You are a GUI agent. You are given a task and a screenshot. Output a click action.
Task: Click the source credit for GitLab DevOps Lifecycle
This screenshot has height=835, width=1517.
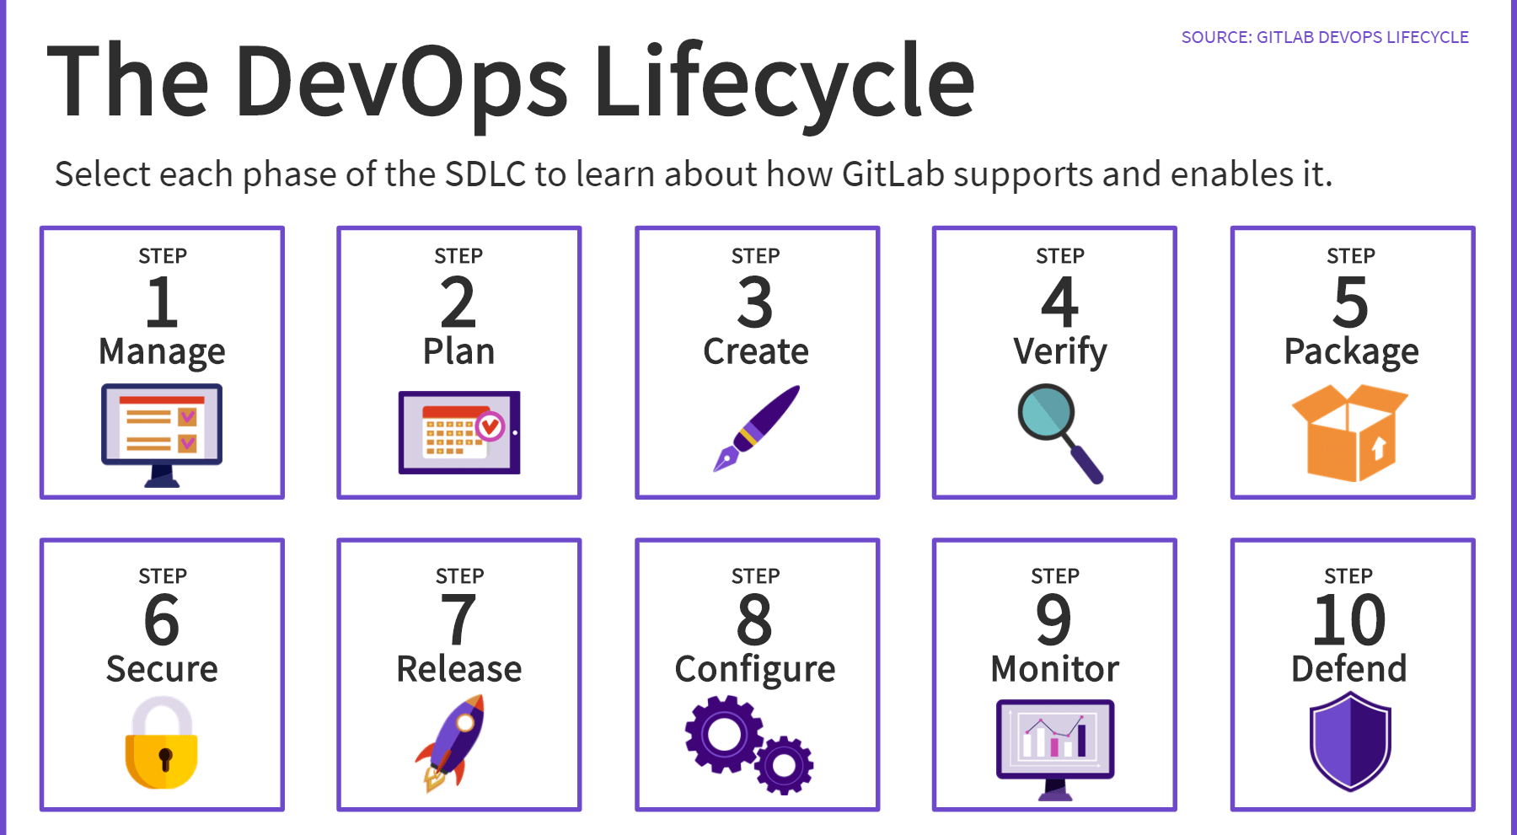click(x=1324, y=37)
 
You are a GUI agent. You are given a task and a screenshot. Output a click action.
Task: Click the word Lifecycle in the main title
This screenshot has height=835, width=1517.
click(x=784, y=83)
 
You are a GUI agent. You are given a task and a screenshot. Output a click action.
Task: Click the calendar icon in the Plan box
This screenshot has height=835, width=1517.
click(x=459, y=431)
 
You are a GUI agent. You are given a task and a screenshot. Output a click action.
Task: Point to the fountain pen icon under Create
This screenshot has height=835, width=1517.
click(x=757, y=428)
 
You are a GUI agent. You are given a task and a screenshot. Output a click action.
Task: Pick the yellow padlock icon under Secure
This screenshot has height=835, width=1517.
click(x=162, y=743)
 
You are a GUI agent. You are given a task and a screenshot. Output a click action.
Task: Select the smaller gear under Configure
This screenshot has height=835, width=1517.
click(x=784, y=765)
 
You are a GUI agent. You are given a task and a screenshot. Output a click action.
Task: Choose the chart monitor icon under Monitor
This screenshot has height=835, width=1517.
click(x=1055, y=747)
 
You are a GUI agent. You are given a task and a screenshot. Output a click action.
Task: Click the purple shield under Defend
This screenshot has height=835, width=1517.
click(x=1350, y=741)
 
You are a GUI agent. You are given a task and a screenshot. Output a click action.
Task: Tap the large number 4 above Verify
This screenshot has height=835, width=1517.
click(x=1059, y=302)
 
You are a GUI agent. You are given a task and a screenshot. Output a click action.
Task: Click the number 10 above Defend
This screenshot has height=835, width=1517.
click(x=1349, y=620)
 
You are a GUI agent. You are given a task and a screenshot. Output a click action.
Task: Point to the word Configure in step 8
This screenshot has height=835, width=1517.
click(x=755, y=670)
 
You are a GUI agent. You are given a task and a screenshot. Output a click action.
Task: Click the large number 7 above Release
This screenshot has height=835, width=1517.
click(x=458, y=620)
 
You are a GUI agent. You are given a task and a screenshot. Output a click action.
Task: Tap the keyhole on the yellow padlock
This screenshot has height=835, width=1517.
click(x=165, y=758)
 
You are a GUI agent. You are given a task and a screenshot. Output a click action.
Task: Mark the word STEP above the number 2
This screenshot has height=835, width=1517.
click(x=458, y=255)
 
